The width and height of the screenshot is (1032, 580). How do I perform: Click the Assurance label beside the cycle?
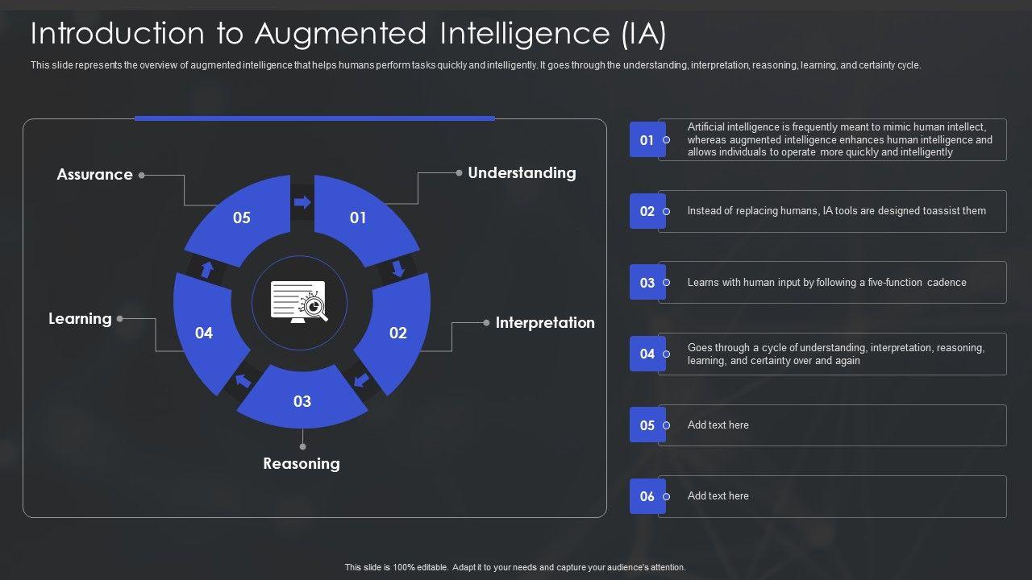click(94, 175)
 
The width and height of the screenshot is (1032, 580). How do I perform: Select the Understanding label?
click(522, 172)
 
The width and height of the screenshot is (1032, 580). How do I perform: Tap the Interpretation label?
click(545, 322)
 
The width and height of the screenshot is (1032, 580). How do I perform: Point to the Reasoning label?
click(302, 463)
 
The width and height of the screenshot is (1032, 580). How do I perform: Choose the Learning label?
click(80, 318)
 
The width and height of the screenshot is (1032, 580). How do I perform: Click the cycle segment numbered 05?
click(242, 217)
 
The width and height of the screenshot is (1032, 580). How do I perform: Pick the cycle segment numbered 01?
click(358, 217)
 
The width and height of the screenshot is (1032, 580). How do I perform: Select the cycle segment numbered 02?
click(397, 333)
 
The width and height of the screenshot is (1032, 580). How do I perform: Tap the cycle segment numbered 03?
click(302, 401)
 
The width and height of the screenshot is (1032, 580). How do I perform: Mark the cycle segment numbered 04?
click(204, 333)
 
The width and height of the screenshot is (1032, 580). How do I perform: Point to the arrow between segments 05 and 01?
click(302, 202)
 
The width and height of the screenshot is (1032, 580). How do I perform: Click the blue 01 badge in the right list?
click(647, 140)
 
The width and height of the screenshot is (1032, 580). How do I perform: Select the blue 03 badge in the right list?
click(647, 283)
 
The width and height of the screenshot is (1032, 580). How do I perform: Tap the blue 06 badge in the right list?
click(647, 496)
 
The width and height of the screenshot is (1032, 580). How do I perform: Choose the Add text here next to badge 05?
click(718, 425)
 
